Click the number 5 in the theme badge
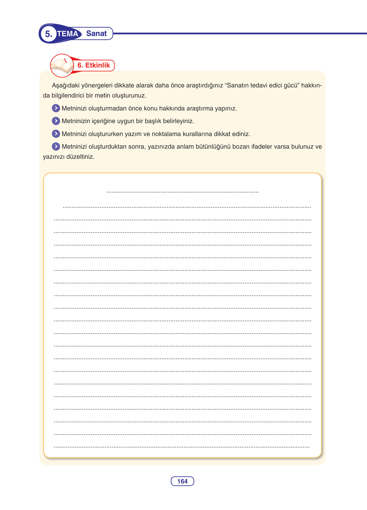[x=48, y=34]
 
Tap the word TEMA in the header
[x=68, y=34]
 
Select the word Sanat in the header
[x=96, y=33]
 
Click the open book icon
[x=62, y=66]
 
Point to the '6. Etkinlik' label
[x=94, y=65]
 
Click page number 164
[x=182, y=481]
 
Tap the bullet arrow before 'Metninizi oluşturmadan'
[x=56, y=108]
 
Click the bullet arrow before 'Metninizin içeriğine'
[x=56, y=121]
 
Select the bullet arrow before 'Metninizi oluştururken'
[x=56, y=134]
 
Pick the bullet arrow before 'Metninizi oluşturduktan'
[x=56, y=146]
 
